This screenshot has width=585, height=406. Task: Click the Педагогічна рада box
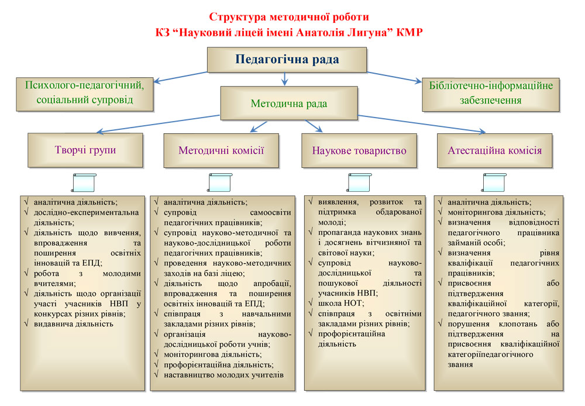(x=287, y=60)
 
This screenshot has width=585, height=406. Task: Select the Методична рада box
(x=288, y=104)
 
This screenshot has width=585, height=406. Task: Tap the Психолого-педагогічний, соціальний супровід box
(x=85, y=92)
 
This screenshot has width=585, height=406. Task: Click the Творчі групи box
(x=85, y=150)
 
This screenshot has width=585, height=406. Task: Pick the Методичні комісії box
(x=221, y=150)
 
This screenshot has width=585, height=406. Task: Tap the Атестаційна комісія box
(x=494, y=151)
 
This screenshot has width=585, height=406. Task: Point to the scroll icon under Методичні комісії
(x=220, y=183)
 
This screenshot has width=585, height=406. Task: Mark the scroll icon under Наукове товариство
(x=358, y=183)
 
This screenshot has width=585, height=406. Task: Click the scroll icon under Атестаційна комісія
(x=494, y=183)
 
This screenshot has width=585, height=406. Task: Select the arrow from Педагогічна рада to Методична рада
(x=285, y=79)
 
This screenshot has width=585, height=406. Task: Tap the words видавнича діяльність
(x=73, y=323)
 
